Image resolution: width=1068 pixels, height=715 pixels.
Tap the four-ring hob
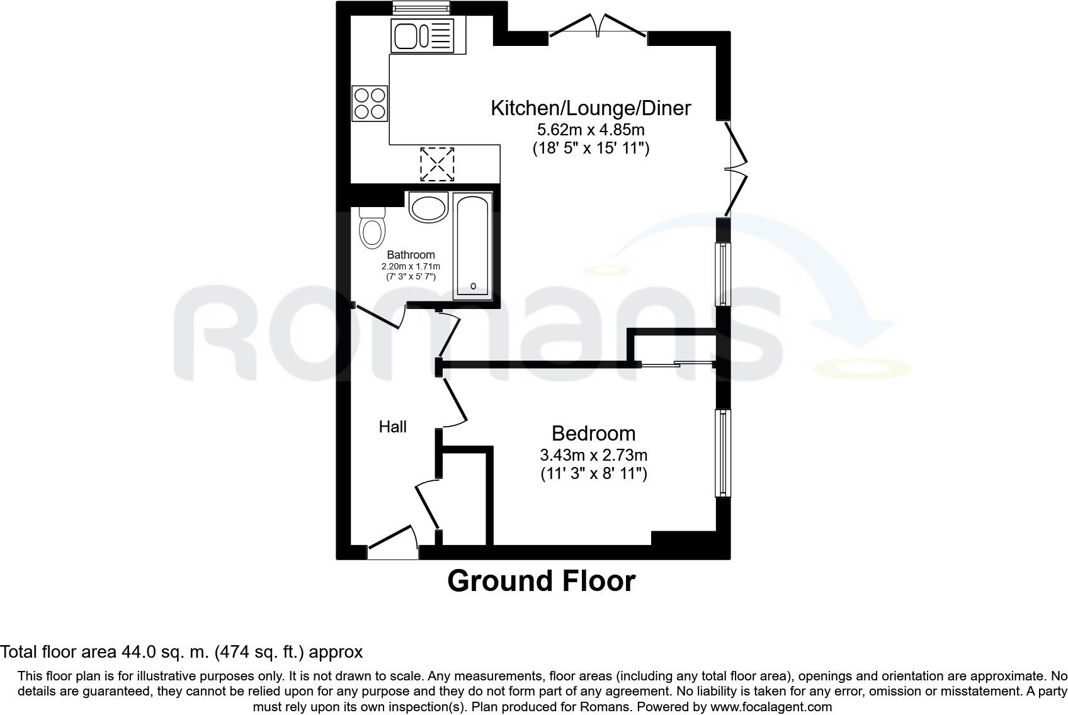pyautogui.click(x=370, y=104)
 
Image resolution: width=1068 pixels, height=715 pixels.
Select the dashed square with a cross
pyautogui.click(x=436, y=164)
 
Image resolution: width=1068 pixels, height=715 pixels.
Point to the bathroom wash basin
pyautogui.click(x=428, y=207)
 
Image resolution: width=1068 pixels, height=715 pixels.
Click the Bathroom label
pyautogui.click(x=411, y=255)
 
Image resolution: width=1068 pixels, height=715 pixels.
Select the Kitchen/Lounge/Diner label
pyautogui.click(x=590, y=108)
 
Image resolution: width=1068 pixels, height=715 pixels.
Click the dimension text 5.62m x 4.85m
pyautogui.click(x=590, y=130)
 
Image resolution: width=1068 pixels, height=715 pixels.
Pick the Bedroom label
pyautogui.click(x=593, y=433)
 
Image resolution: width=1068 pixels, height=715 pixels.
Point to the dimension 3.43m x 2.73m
pyautogui.click(x=593, y=454)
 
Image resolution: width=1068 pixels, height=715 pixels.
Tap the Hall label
pyautogui.click(x=392, y=427)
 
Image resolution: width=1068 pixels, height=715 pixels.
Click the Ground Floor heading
pyautogui.click(x=541, y=581)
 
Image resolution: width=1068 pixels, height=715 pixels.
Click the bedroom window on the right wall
pyautogui.click(x=723, y=453)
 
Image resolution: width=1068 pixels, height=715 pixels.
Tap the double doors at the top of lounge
pyautogui.click(x=598, y=28)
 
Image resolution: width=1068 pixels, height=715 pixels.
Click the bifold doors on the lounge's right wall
pyautogui.click(x=735, y=169)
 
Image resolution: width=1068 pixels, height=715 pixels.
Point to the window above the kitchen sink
pyautogui.click(x=420, y=8)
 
